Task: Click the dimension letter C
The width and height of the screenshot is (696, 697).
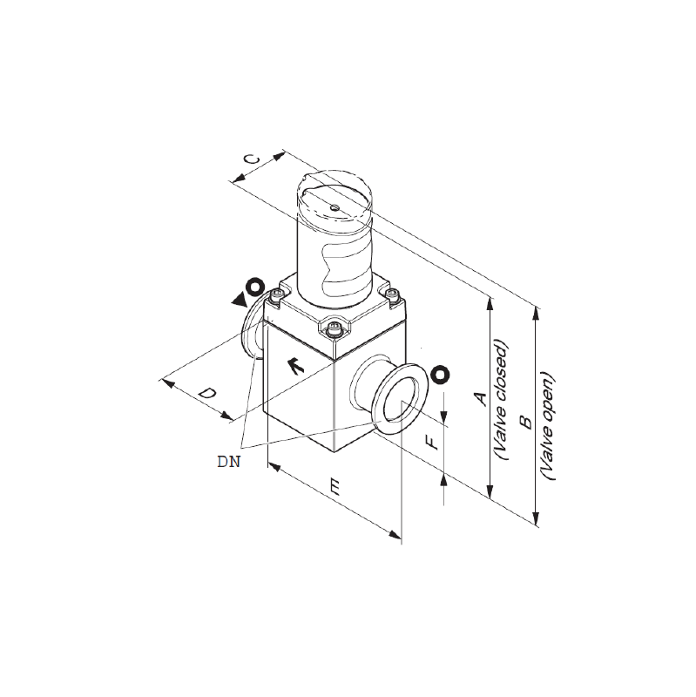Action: tap(253, 159)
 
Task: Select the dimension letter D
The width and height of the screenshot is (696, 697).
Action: tap(207, 393)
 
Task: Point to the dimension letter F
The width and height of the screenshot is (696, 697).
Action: tap(431, 443)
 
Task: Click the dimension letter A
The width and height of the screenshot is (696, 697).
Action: tap(481, 399)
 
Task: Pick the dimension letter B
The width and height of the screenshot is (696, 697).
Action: tap(526, 422)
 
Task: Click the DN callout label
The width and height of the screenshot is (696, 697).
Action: tap(229, 462)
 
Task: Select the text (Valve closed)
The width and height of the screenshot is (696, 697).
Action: tap(502, 400)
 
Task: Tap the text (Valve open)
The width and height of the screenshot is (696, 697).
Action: tap(548, 425)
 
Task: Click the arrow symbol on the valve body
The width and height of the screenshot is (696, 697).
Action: tap(294, 365)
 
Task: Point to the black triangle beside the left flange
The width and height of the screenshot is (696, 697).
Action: tap(240, 300)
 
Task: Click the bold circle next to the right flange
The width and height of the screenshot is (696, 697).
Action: tap(440, 375)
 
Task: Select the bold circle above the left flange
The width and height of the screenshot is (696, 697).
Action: tap(255, 287)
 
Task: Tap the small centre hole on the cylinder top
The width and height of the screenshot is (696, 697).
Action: tap(334, 206)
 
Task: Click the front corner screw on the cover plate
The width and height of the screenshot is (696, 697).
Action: tap(334, 329)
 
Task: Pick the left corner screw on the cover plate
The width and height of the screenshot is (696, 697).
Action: tap(278, 294)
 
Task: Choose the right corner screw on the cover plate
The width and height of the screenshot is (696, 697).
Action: tap(392, 294)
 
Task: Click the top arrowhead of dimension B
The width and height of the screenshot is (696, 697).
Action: tap(536, 314)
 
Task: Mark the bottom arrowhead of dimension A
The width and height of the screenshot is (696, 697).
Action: tap(490, 491)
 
